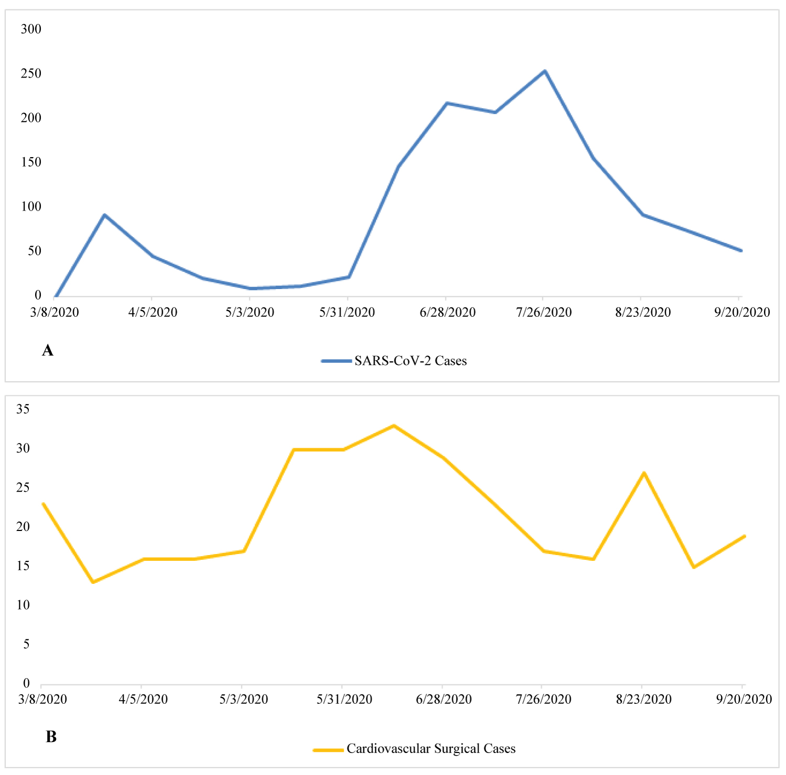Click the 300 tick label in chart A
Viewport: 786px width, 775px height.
click(x=31, y=29)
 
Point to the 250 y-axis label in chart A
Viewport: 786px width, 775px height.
click(x=31, y=74)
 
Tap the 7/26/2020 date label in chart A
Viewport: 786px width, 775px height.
click(x=544, y=313)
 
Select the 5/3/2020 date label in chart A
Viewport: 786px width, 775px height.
click(x=250, y=313)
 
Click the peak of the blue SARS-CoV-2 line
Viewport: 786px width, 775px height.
click(x=545, y=71)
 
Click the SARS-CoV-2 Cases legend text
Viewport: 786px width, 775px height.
click(x=410, y=361)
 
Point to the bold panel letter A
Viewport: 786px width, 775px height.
click(x=48, y=350)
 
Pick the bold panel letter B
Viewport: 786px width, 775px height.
click(x=51, y=737)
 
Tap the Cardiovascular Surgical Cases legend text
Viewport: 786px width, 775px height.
click(x=431, y=749)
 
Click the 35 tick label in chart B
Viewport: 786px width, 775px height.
click(x=23, y=409)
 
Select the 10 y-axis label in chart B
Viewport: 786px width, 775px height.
click(x=23, y=605)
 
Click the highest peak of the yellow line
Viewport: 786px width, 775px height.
click(x=394, y=426)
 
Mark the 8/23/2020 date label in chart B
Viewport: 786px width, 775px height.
click(x=643, y=700)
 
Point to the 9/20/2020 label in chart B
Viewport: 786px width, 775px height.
click(x=744, y=700)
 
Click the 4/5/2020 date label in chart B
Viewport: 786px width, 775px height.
click(x=143, y=700)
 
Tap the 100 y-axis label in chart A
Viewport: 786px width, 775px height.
click(x=31, y=207)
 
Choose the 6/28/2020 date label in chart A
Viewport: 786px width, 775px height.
click(x=447, y=313)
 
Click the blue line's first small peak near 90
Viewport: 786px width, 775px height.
click(x=105, y=215)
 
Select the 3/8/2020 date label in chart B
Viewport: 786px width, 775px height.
click(x=42, y=700)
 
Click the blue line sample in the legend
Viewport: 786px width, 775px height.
click(x=336, y=361)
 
